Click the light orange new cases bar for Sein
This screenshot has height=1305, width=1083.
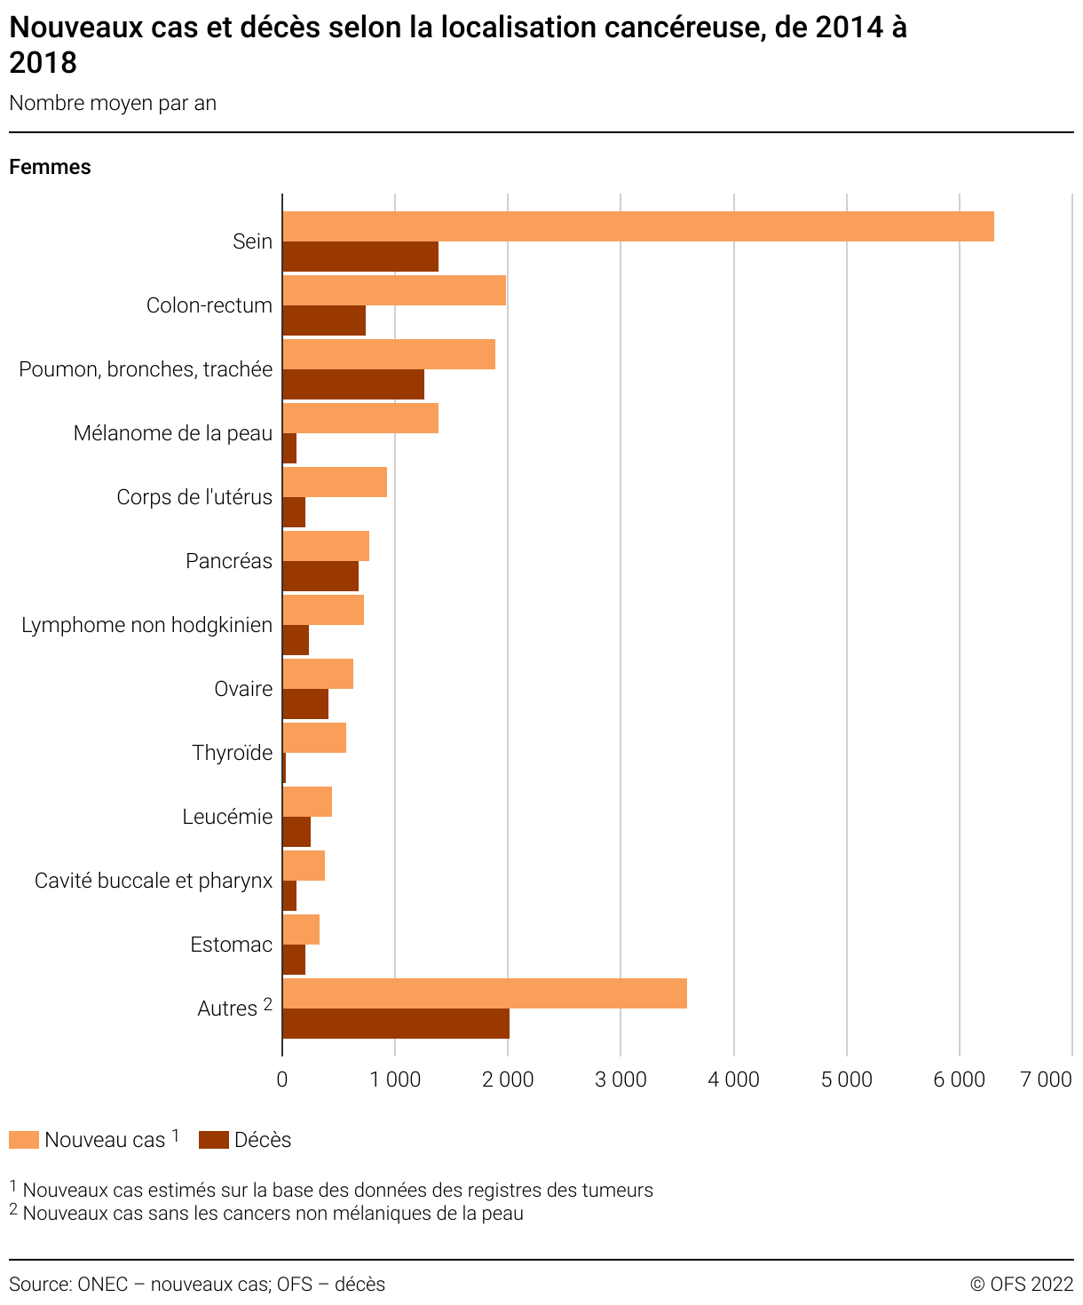coord(637,226)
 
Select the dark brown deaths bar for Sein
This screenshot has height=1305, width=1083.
coord(360,257)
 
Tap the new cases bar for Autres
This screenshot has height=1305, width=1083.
coord(485,993)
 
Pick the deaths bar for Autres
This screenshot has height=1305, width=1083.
coord(396,1024)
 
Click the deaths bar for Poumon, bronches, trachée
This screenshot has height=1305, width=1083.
coord(353,384)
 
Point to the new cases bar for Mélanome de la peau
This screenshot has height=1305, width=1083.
coord(360,418)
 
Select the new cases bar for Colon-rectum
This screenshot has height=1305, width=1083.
coord(394,290)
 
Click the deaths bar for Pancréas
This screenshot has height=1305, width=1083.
coord(320,576)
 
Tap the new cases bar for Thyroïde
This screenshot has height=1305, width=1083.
coord(314,738)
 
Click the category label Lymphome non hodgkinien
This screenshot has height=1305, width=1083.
coord(146,625)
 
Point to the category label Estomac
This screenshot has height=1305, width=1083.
coord(231,945)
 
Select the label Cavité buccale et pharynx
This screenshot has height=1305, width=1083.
coord(154,881)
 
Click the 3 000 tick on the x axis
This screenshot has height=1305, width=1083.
coord(621,1080)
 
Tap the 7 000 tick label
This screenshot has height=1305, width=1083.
coord(1046,1080)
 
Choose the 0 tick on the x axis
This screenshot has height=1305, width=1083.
coord(282,1080)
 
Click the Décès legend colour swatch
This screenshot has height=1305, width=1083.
coord(214,1140)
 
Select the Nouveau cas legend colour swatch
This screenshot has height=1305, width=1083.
coord(24,1140)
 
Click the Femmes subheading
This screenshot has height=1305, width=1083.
coord(50,167)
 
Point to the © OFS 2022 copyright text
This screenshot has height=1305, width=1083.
coord(1021,1284)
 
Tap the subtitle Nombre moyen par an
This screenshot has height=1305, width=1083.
coord(113,103)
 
